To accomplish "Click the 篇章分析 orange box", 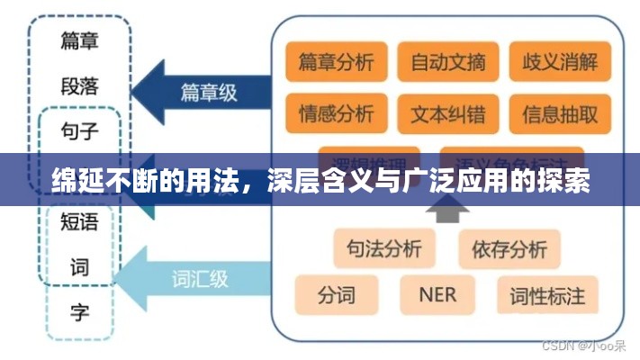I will coord(336,63).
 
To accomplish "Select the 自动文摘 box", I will coord(447,63).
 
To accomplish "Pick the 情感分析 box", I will coord(336,114).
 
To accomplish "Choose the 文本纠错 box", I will coord(447,114).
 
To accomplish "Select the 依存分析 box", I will coord(509,248).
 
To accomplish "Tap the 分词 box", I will coord(336,294).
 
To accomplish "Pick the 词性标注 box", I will coord(547,294).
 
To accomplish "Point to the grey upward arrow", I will coord(447,210).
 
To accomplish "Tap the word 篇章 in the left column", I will coord(79,40).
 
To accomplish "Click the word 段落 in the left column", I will coord(79,86).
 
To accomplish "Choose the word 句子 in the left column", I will coord(79,132).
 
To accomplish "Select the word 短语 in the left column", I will coord(79,221).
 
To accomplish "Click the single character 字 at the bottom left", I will coord(79,313).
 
